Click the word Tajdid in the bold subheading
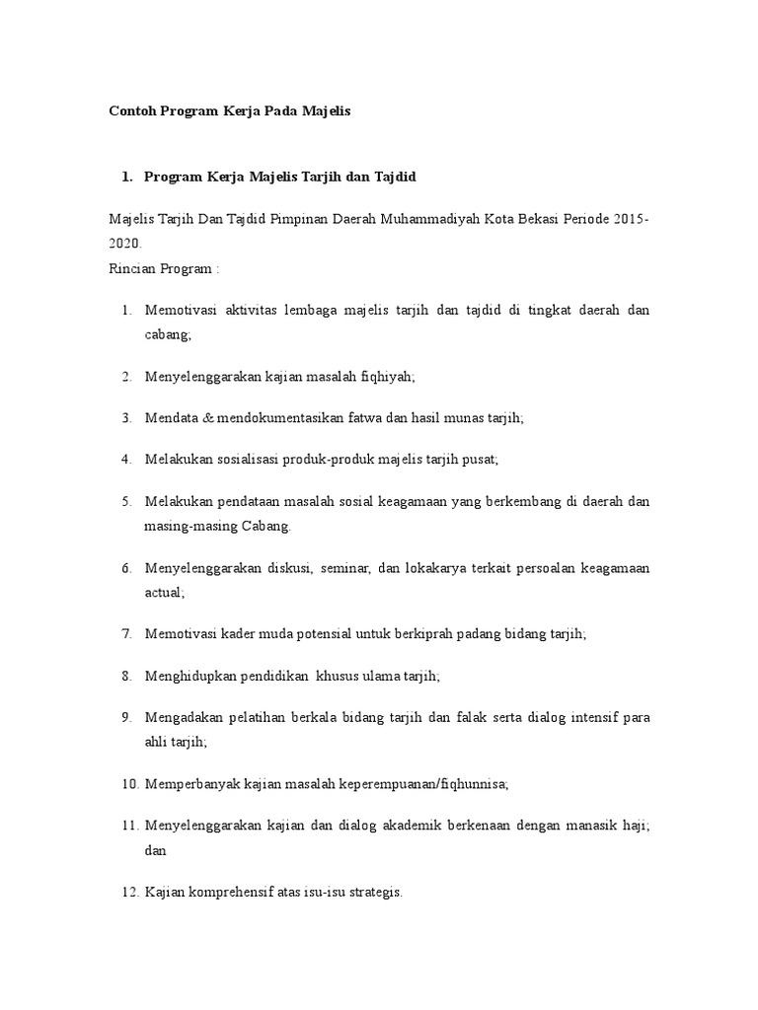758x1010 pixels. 395,177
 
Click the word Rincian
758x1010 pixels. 132,267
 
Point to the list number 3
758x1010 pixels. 126,418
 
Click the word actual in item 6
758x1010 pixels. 163,594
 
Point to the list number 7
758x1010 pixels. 126,635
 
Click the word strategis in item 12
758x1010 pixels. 371,893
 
